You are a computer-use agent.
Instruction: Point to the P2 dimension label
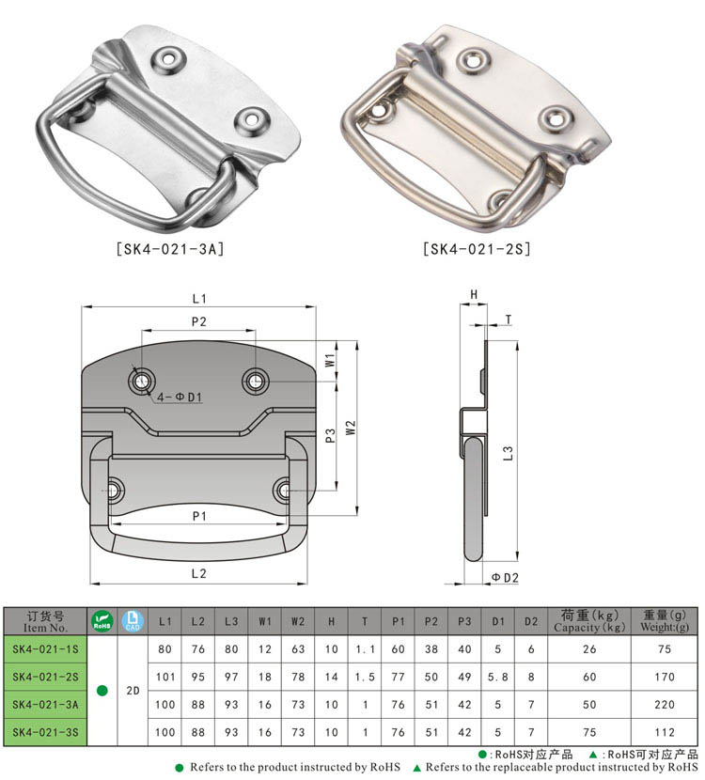(x=198, y=321)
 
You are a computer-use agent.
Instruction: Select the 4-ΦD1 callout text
(x=180, y=398)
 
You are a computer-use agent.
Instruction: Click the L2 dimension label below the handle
(x=198, y=572)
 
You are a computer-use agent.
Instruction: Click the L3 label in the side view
(x=508, y=453)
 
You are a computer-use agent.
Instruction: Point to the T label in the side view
(x=508, y=320)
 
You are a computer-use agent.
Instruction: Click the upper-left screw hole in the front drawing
(x=141, y=381)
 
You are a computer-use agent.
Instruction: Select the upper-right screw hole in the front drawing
(x=254, y=380)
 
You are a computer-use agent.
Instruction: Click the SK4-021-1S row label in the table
(x=45, y=648)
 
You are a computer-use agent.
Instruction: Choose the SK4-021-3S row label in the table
(x=45, y=732)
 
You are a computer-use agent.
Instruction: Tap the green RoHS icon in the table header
(x=102, y=621)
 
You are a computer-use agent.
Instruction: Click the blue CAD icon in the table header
(x=133, y=621)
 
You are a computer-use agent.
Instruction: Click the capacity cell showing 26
(x=589, y=648)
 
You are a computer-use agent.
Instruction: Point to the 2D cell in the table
(x=133, y=691)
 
